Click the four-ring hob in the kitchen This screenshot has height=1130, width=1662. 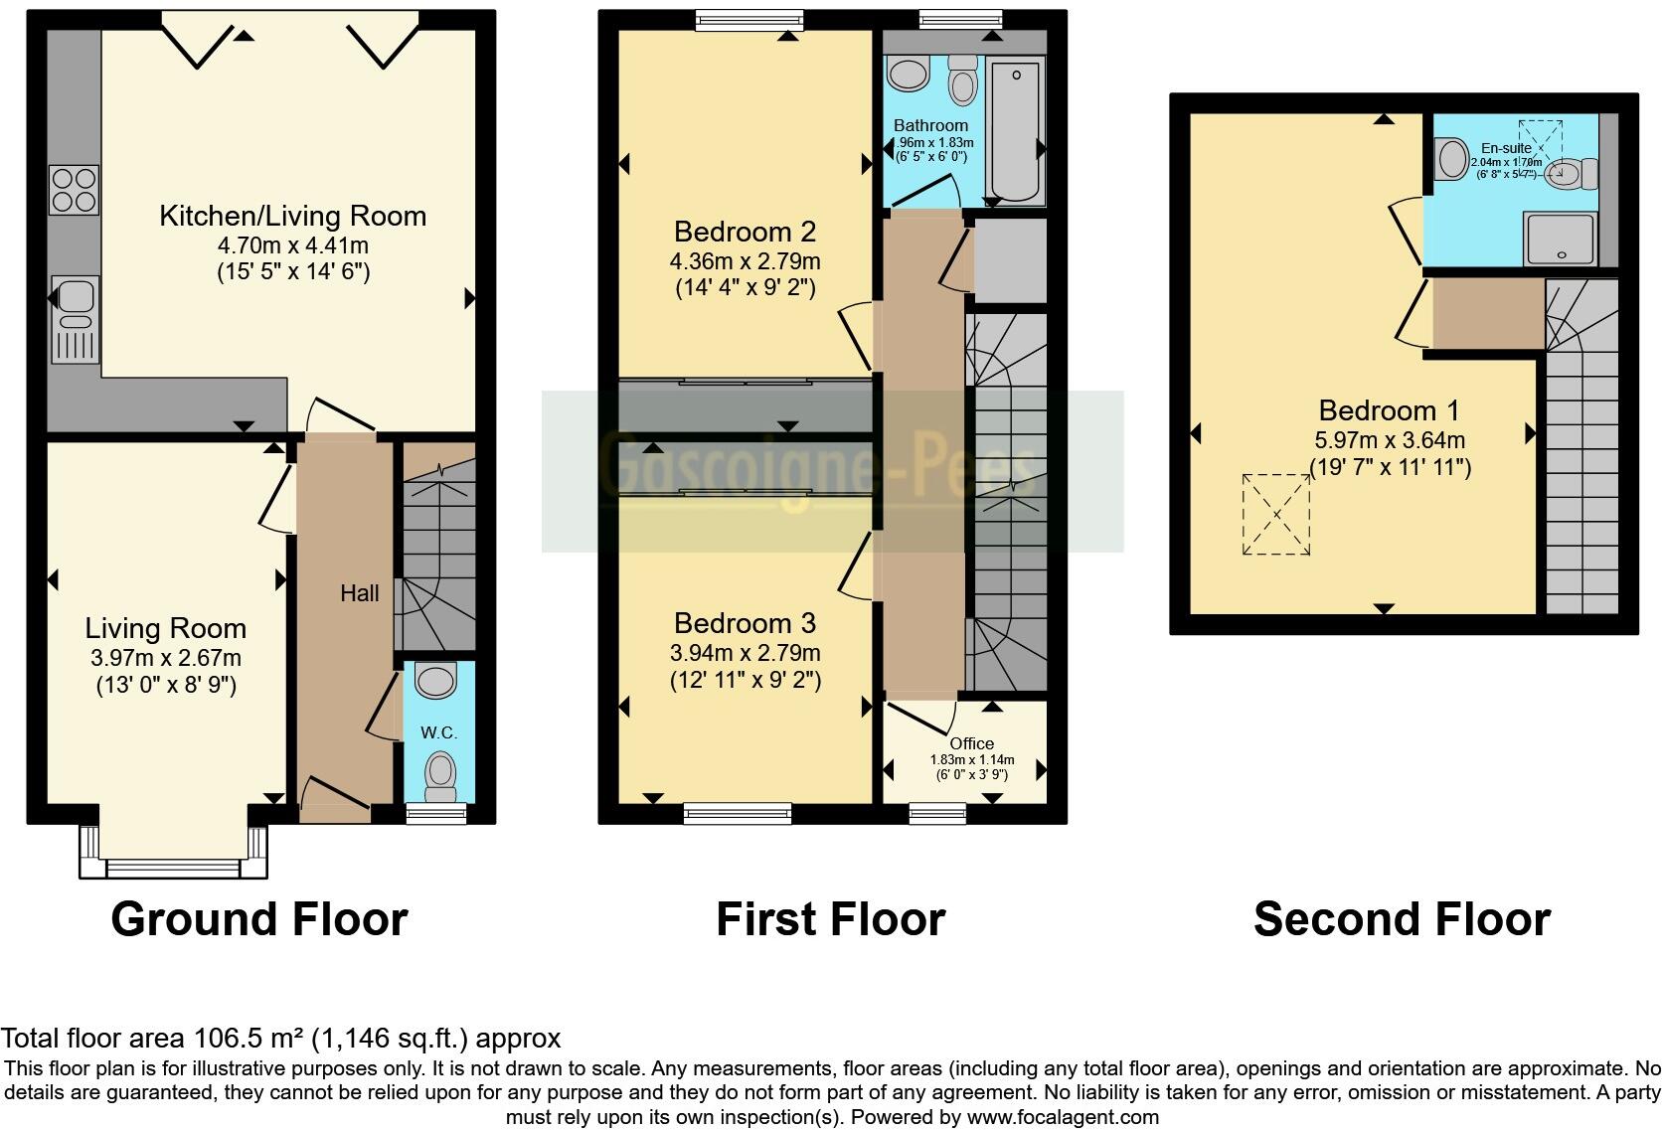point(75,190)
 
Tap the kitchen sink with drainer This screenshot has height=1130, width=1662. point(74,317)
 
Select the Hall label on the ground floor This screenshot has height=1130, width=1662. point(360,593)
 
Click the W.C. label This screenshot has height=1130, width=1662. point(438,732)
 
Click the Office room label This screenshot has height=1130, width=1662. point(971,743)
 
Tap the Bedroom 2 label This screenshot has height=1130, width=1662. point(745,232)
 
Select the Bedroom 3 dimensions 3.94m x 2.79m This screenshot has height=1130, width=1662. point(745,653)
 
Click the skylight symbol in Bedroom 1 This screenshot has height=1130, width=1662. point(1276,514)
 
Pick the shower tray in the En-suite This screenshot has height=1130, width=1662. point(1561,239)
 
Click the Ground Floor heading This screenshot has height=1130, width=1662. point(259,919)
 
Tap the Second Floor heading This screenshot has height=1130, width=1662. point(1402,919)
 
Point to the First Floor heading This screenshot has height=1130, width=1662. point(830,919)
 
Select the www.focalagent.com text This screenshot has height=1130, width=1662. point(1063,1117)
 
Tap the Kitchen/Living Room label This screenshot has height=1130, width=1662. point(292,216)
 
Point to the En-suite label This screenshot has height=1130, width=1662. point(1506,148)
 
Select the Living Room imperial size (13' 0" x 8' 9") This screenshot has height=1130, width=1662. point(166,685)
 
